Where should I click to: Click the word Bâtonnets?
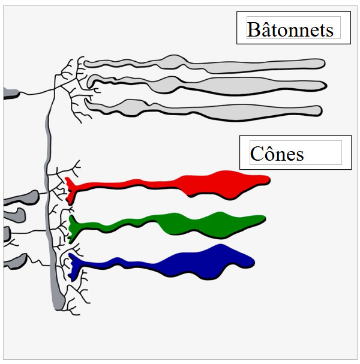(x=290, y=29)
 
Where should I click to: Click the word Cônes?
(x=277, y=154)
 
